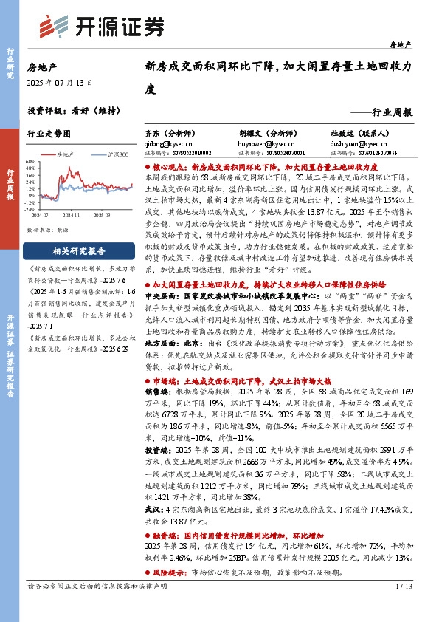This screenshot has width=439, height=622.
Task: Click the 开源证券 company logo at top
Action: point(100,26)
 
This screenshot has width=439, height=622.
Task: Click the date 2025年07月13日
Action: point(60,83)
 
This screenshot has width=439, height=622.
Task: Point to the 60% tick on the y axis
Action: point(30,160)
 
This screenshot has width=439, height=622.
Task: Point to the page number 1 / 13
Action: point(403,607)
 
